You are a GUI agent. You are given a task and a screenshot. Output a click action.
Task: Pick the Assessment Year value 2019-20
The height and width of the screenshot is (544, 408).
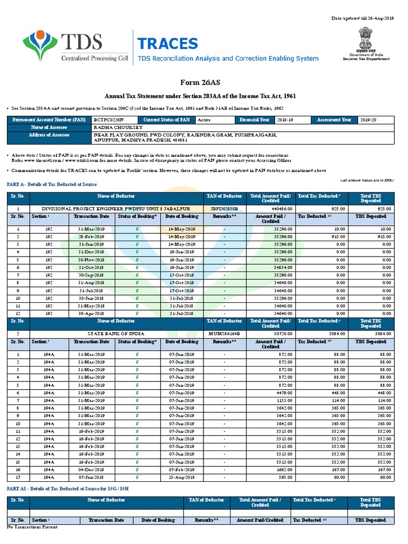tap(368, 120)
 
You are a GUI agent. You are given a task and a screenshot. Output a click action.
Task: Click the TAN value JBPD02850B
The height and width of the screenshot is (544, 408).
tap(224, 209)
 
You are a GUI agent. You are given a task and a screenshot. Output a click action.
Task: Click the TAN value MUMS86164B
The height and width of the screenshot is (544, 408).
tap(224, 333)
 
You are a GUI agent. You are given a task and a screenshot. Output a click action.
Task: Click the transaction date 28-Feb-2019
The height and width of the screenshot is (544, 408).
tap(92, 236)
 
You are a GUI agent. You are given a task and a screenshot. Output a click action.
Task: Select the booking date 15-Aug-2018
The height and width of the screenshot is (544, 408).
tap(182, 478)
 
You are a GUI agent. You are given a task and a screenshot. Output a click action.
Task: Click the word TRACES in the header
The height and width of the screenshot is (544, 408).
tap(167, 44)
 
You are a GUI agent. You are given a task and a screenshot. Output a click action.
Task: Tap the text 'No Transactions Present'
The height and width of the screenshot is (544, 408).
tap(31, 527)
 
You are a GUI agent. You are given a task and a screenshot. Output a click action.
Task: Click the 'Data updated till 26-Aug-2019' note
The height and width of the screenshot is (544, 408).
tap(363, 19)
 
